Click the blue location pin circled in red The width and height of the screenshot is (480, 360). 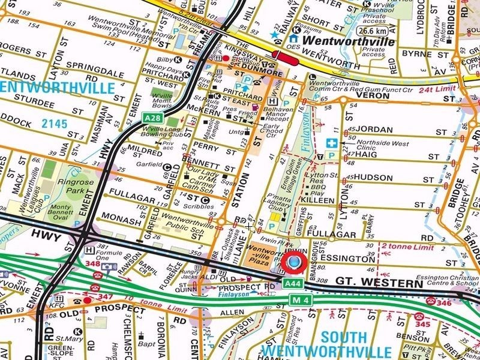pos(294,263)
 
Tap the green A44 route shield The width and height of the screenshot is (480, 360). pos(292,283)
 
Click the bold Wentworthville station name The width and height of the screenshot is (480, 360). pos(349,42)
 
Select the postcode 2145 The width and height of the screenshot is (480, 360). pos(53,122)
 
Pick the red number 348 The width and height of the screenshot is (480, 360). pos(93,263)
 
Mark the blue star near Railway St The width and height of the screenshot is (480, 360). pos(274,35)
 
